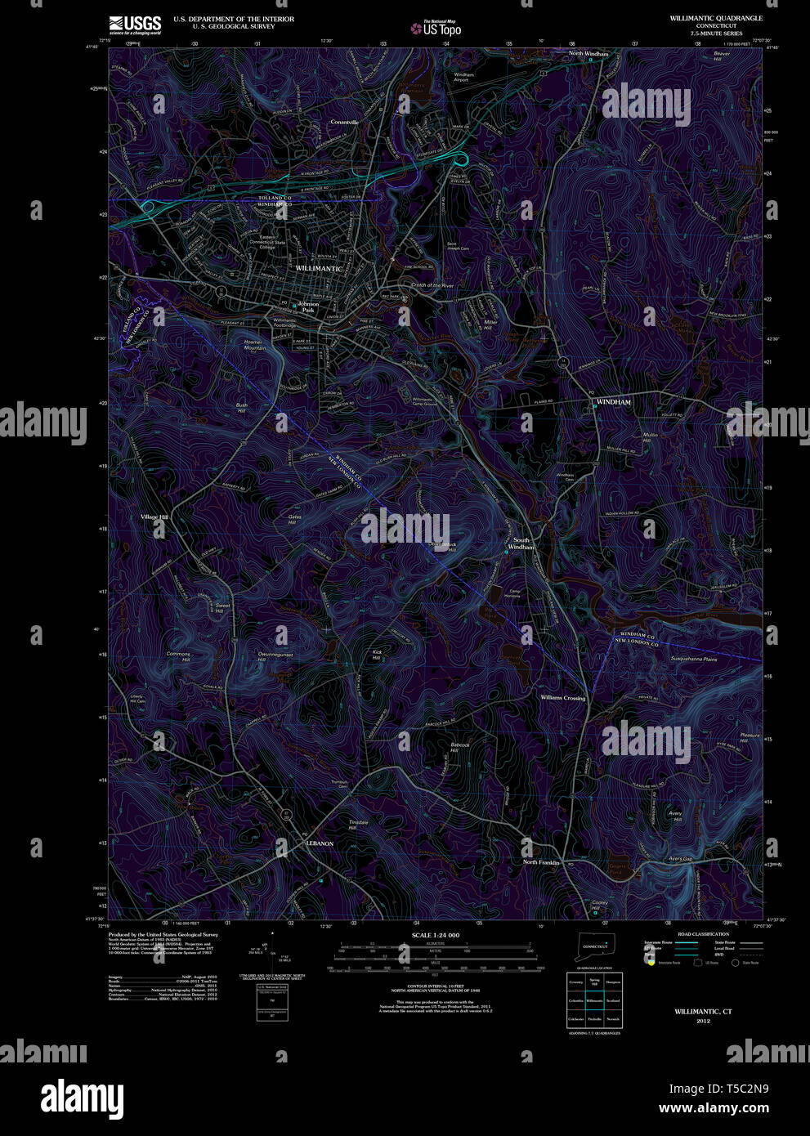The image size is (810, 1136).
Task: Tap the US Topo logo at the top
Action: [x=436, y=28]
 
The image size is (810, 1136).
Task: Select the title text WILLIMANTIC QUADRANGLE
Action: [x=716, y=18]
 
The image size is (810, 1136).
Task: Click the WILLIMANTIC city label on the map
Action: [x=319, y=269]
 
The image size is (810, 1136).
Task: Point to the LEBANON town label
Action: [x=320, y=843]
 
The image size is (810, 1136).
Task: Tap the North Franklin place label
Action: [x=542, y=862]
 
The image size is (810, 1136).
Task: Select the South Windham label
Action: [x=521, y=543]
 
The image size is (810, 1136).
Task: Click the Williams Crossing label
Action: [x=562, y=698]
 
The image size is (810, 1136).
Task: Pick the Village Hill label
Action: [x=154, y=517]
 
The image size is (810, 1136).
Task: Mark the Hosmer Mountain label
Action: [x=255, y=345]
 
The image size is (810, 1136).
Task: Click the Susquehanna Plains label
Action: [x=693, y=659]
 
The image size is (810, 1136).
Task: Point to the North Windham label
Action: [x=588, y=54]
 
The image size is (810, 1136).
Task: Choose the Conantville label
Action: [x=344, y=122]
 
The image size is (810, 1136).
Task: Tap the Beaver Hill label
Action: [x=721, y=56]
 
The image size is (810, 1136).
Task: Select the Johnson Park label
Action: [x=308, y=307]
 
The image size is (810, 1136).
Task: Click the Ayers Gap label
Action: [x=680, y=859]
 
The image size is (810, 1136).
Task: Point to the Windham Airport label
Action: [x=463, y=78]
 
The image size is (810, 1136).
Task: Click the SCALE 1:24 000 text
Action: [x=435, y=935]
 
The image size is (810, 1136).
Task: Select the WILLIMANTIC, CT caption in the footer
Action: [x=703, y=1012]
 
